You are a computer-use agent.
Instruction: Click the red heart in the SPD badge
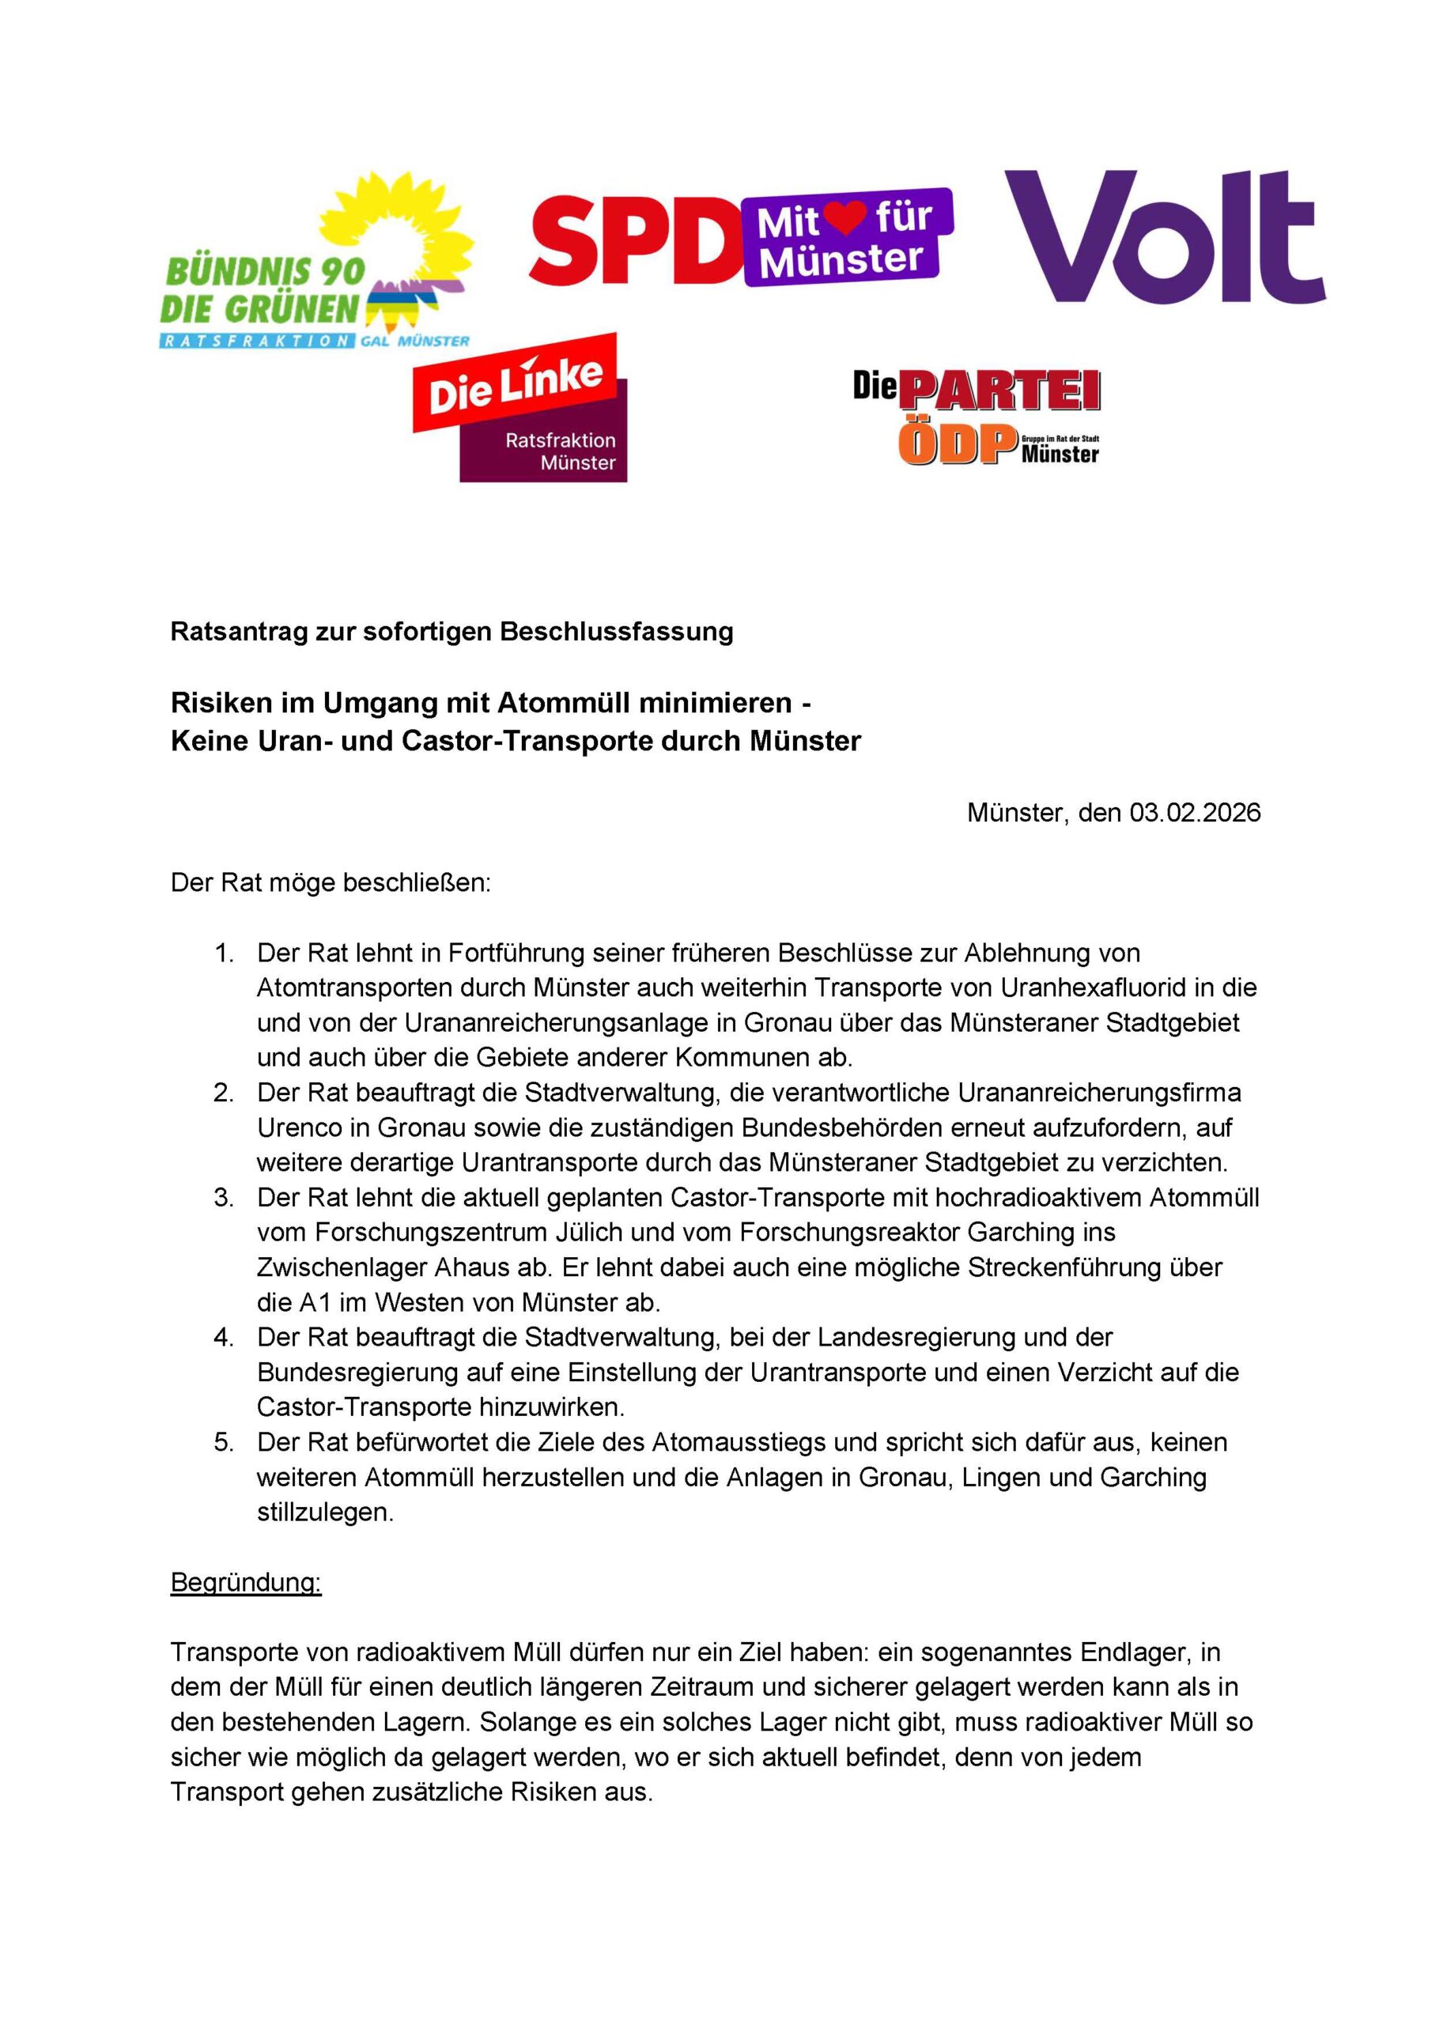848,217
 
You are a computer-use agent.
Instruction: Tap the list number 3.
224,1197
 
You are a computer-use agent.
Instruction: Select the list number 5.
224,1442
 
